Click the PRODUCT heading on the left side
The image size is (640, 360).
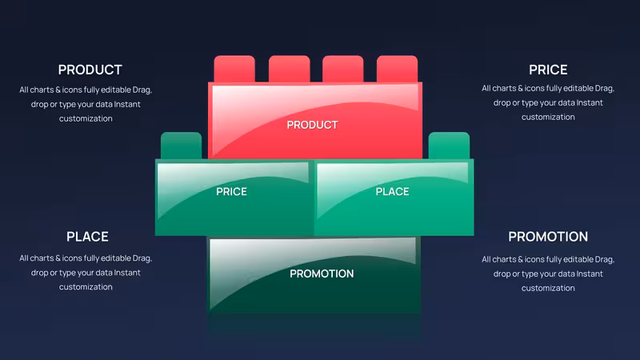click(x=90, y=70)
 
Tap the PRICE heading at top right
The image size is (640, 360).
click(x=548, y=70)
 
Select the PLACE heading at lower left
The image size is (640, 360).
click(x=87, y=237)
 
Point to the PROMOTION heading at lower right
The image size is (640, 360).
click(x=548, y=237)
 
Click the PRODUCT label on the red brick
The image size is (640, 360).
click(x=312, y=125)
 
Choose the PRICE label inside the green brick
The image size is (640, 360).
click(x=231, y=192)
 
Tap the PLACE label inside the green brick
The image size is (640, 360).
click(x=392, y=192)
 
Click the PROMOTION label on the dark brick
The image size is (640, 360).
click(x=322, y=274)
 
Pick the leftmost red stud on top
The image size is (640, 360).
click(x=234, y=69)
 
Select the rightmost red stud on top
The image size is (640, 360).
click(x=397, y=69)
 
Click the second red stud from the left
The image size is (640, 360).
click(x=289, y=69)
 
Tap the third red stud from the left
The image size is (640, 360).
click(x=343, y=69)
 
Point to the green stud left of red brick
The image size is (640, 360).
click(x=182, y=146)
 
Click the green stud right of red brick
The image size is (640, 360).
click(x=449, y=146)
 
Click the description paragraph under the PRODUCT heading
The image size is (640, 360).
click(x=86, y=104)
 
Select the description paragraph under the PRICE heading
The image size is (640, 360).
click(x=548, y=102)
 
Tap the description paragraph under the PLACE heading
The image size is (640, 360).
click(x=86, y=272)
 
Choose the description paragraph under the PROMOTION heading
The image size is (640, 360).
click(x=548, y=274)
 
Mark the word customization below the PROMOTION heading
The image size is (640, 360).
click(x=548, y=288)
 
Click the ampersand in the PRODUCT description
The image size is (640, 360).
click(x=58, y=90)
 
